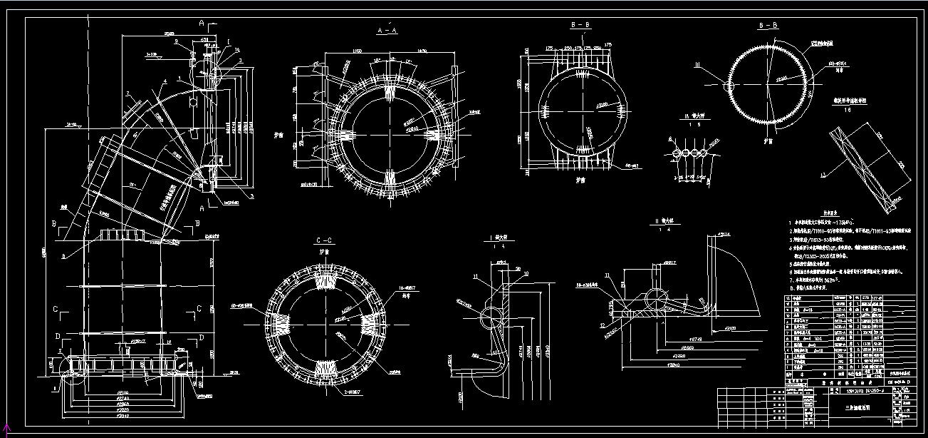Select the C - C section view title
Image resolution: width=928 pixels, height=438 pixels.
[324, 241]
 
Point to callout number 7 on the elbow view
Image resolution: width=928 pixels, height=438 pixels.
[127, 94]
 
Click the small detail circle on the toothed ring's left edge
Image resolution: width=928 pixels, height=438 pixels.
[730, 86]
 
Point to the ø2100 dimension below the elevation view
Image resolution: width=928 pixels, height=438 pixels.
[123, 392]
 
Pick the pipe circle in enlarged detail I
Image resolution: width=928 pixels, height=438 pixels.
[490, 315]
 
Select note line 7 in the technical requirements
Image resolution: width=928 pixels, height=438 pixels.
[819, 280]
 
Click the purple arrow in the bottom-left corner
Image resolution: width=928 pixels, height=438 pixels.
[7, 429]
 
